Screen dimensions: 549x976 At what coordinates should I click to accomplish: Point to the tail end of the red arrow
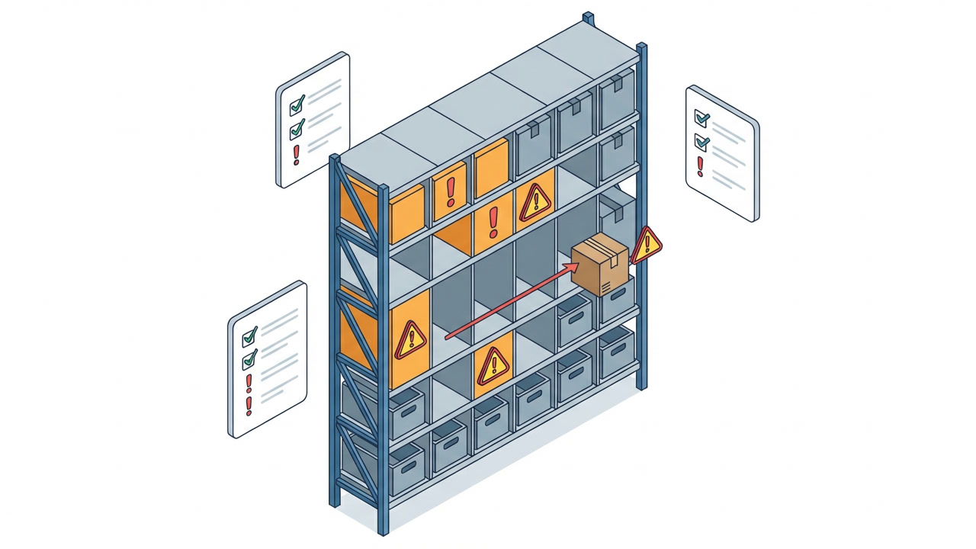click(x=446, y=335)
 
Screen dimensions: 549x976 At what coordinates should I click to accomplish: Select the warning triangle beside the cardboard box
click(x=647, y=244)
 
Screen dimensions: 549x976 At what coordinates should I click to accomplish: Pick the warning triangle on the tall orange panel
click(x=410, y=339)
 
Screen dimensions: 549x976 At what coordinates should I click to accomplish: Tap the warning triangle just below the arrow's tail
click(x=493, y=365)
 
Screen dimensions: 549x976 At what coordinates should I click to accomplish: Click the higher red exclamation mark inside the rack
click(x=451, y=191)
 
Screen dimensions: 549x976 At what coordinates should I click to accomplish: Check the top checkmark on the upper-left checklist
click(x=297, y=102)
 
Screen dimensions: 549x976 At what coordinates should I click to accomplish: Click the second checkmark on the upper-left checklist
click(x=297, y=127)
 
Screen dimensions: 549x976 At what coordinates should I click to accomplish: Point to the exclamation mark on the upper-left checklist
click(x=297, y=154)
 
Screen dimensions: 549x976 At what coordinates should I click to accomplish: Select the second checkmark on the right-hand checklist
click(x=701, y=142)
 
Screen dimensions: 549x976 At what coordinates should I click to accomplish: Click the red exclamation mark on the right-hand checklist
click(x=700, y=166)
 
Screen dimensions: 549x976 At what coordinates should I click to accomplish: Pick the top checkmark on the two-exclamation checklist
click(x=249, y=335)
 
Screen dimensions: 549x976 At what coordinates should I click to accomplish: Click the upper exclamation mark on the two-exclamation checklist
click(x=248, y=383)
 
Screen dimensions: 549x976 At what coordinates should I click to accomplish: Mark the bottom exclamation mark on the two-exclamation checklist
click(x=248, y=406)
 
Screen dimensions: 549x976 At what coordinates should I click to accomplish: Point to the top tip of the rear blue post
click(x=587, y=14)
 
